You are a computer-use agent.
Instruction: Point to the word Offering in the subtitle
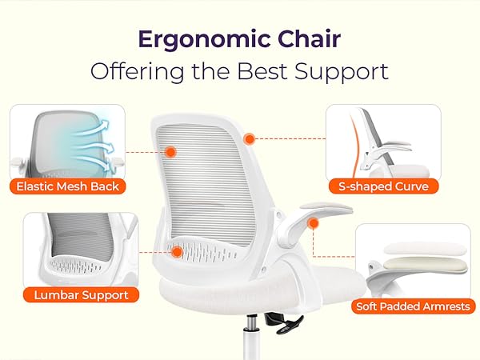134,70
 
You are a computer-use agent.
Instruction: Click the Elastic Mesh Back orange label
68,186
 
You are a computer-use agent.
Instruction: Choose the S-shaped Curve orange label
383,186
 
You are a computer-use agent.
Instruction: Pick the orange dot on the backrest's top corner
250,138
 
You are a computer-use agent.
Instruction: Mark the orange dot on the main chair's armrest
313,222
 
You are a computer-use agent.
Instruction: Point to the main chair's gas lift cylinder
252,336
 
